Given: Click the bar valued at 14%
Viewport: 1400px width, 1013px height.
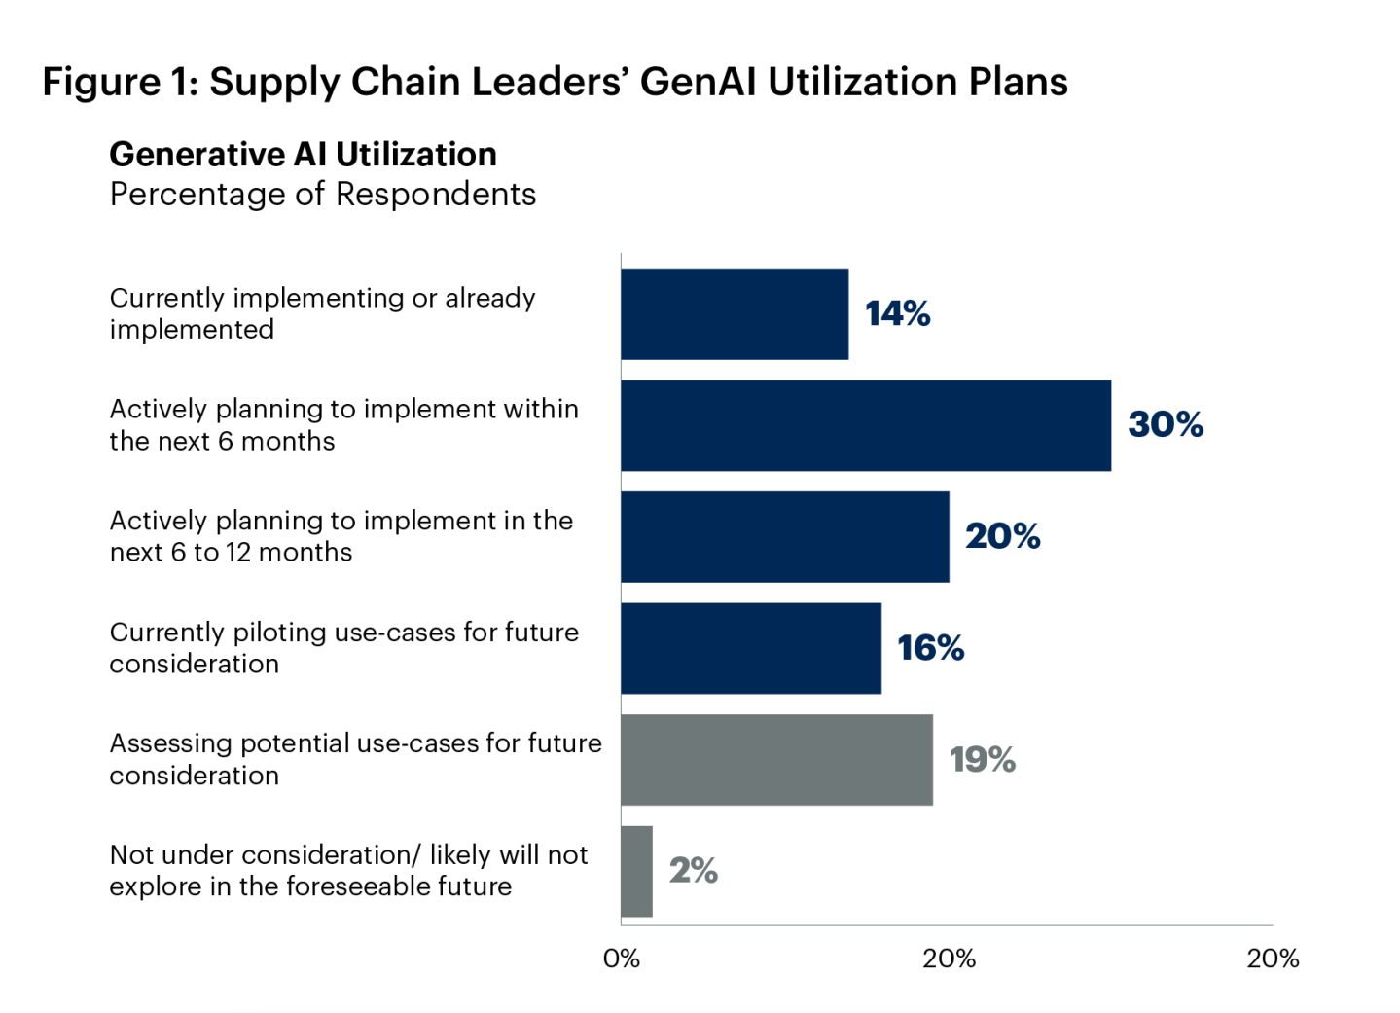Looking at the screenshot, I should coord(735,313).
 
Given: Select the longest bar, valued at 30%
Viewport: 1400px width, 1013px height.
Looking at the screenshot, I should coord(866,425).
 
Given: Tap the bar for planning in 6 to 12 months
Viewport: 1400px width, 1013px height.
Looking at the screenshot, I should coord(784,536).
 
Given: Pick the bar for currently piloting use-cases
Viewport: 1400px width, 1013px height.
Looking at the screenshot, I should coord(750,648).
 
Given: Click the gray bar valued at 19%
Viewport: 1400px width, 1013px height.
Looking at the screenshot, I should coord(776,759).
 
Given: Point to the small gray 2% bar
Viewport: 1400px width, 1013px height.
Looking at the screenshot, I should coord(636,871).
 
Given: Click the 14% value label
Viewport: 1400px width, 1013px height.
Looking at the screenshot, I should coord(897,313).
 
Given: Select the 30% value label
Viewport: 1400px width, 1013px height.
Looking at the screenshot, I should coord(1165,424).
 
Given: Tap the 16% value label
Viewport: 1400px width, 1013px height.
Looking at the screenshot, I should coord(930,648).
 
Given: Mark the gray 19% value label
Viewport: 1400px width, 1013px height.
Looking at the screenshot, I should coord(982,759).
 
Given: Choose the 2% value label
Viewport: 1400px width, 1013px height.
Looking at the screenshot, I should coord(693,870).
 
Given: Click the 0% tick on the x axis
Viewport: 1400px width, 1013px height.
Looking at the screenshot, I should coord(621,959).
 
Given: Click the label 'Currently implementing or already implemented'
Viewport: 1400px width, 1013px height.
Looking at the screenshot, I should coord(322,313).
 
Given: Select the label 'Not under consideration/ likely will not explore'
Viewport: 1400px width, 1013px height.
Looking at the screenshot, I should coord(348,870).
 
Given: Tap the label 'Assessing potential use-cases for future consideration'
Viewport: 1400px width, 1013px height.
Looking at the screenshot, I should coord(355,759).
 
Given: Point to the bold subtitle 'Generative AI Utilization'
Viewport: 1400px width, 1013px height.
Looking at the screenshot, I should coord(303,154).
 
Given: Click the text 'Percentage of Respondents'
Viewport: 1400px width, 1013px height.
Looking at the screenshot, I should coord(322,195).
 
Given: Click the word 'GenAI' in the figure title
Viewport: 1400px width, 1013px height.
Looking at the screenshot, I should coord(698,82).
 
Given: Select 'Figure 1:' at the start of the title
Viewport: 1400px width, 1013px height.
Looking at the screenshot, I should coord(120,82).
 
